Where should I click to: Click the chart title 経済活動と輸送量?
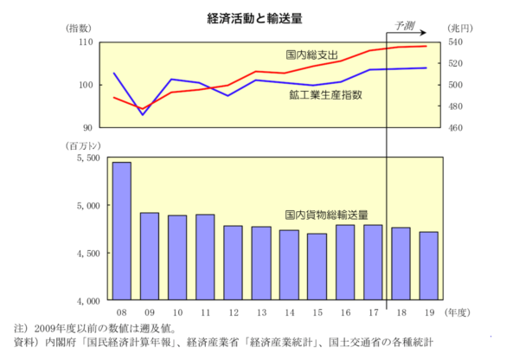(x=258, y=16)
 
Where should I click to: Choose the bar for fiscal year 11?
(x=205, y=257)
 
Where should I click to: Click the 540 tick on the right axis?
(x=457, y=42)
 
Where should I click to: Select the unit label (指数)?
(x=80, y=29)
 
